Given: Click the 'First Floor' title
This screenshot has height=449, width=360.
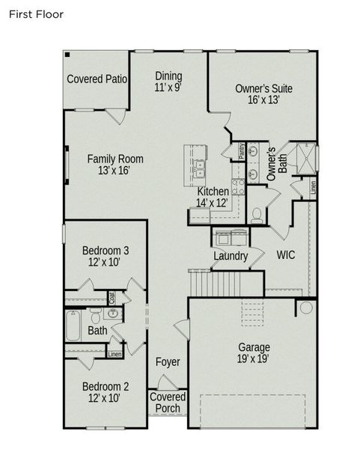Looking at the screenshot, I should click(36, 14).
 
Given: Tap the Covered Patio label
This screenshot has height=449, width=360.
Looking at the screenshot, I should click(97, 79).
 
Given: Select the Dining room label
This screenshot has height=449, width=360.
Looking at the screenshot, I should click(168, 76).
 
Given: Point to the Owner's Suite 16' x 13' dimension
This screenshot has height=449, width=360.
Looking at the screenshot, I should click(263, 100).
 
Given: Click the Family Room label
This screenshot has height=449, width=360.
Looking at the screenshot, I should click(115, 159).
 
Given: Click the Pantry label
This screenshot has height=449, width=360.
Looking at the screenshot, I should click(242, 150).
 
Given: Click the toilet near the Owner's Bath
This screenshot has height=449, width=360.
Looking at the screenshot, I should click(256, 215).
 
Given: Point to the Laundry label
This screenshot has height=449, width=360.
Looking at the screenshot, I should click(230, 256).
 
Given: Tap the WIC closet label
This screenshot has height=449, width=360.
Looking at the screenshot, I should click(285, 255).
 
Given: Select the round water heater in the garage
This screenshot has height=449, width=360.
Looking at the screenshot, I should click(306, 308).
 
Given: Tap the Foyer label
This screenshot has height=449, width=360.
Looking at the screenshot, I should click(168, 362).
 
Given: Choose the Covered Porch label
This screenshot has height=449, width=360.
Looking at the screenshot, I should click(168, 402).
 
